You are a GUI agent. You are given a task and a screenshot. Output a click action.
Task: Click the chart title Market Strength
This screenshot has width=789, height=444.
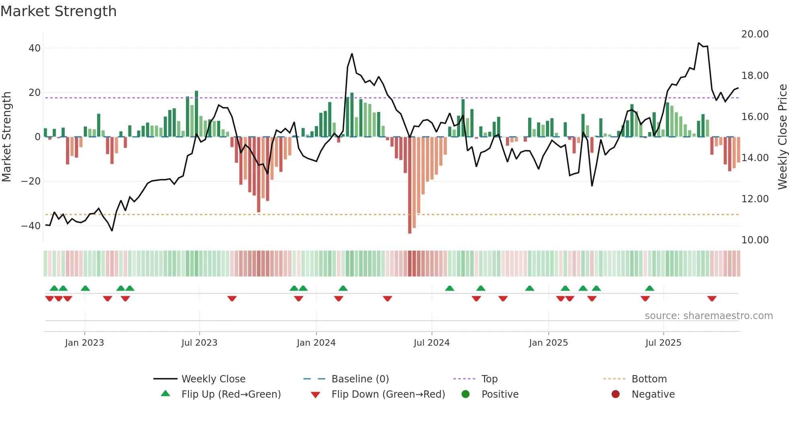pyautogui.click(x=58, y=11)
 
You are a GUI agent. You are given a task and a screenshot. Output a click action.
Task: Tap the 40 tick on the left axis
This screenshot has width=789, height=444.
pyautogui.click(x=35, y=48)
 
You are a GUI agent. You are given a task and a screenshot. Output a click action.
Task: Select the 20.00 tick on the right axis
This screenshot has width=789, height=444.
pyautogui.click(x=755, y=34)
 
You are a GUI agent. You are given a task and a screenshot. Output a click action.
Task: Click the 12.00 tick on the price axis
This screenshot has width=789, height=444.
pyautogui.click(x=755, y=199)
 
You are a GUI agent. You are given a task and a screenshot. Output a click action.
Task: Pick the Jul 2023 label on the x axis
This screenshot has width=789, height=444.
pyautogui.click(x=199, y=343)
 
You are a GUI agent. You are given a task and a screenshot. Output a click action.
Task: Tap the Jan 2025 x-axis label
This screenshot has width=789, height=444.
pyautogui.click(x=548, y=343)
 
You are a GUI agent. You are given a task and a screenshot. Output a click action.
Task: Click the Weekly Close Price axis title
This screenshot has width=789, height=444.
pyautogui.click(x=782, y=137)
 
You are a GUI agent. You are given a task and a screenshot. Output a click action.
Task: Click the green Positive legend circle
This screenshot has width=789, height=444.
pyautogui.click(x=466, y=394)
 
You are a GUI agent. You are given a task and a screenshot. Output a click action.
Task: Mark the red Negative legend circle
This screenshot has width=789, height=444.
pyautogui.click(x=616, y=394)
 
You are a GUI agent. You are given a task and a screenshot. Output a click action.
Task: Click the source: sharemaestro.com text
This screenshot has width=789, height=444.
pyautogui.click(x=708, y=316)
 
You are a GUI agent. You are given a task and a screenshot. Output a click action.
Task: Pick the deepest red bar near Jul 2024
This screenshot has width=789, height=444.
pyautogui.click(x=410, y=185)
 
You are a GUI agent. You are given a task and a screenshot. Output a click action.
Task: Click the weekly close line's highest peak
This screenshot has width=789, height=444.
pyautogui.click(x=699, y=43)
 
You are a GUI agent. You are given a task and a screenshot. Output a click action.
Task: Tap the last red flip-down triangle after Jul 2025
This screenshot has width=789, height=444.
pyautogui.click(x=712, y=299)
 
